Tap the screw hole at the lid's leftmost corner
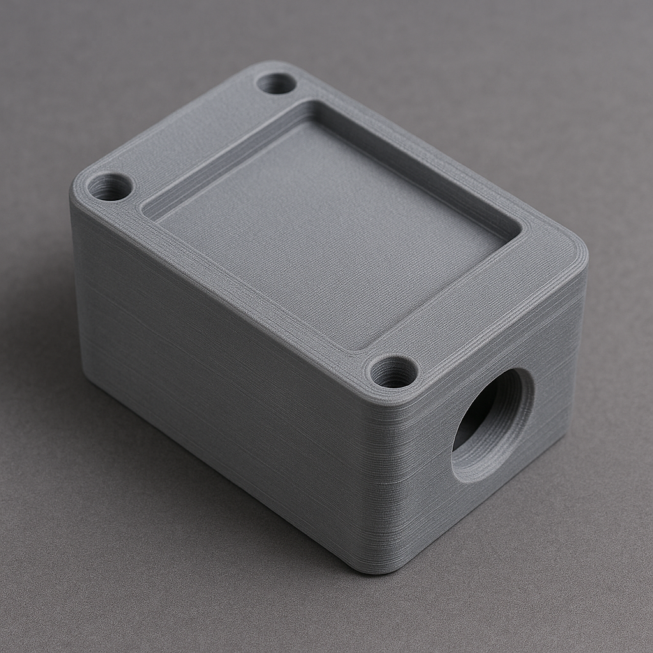coord(110,187)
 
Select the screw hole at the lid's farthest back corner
coord(276,83)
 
